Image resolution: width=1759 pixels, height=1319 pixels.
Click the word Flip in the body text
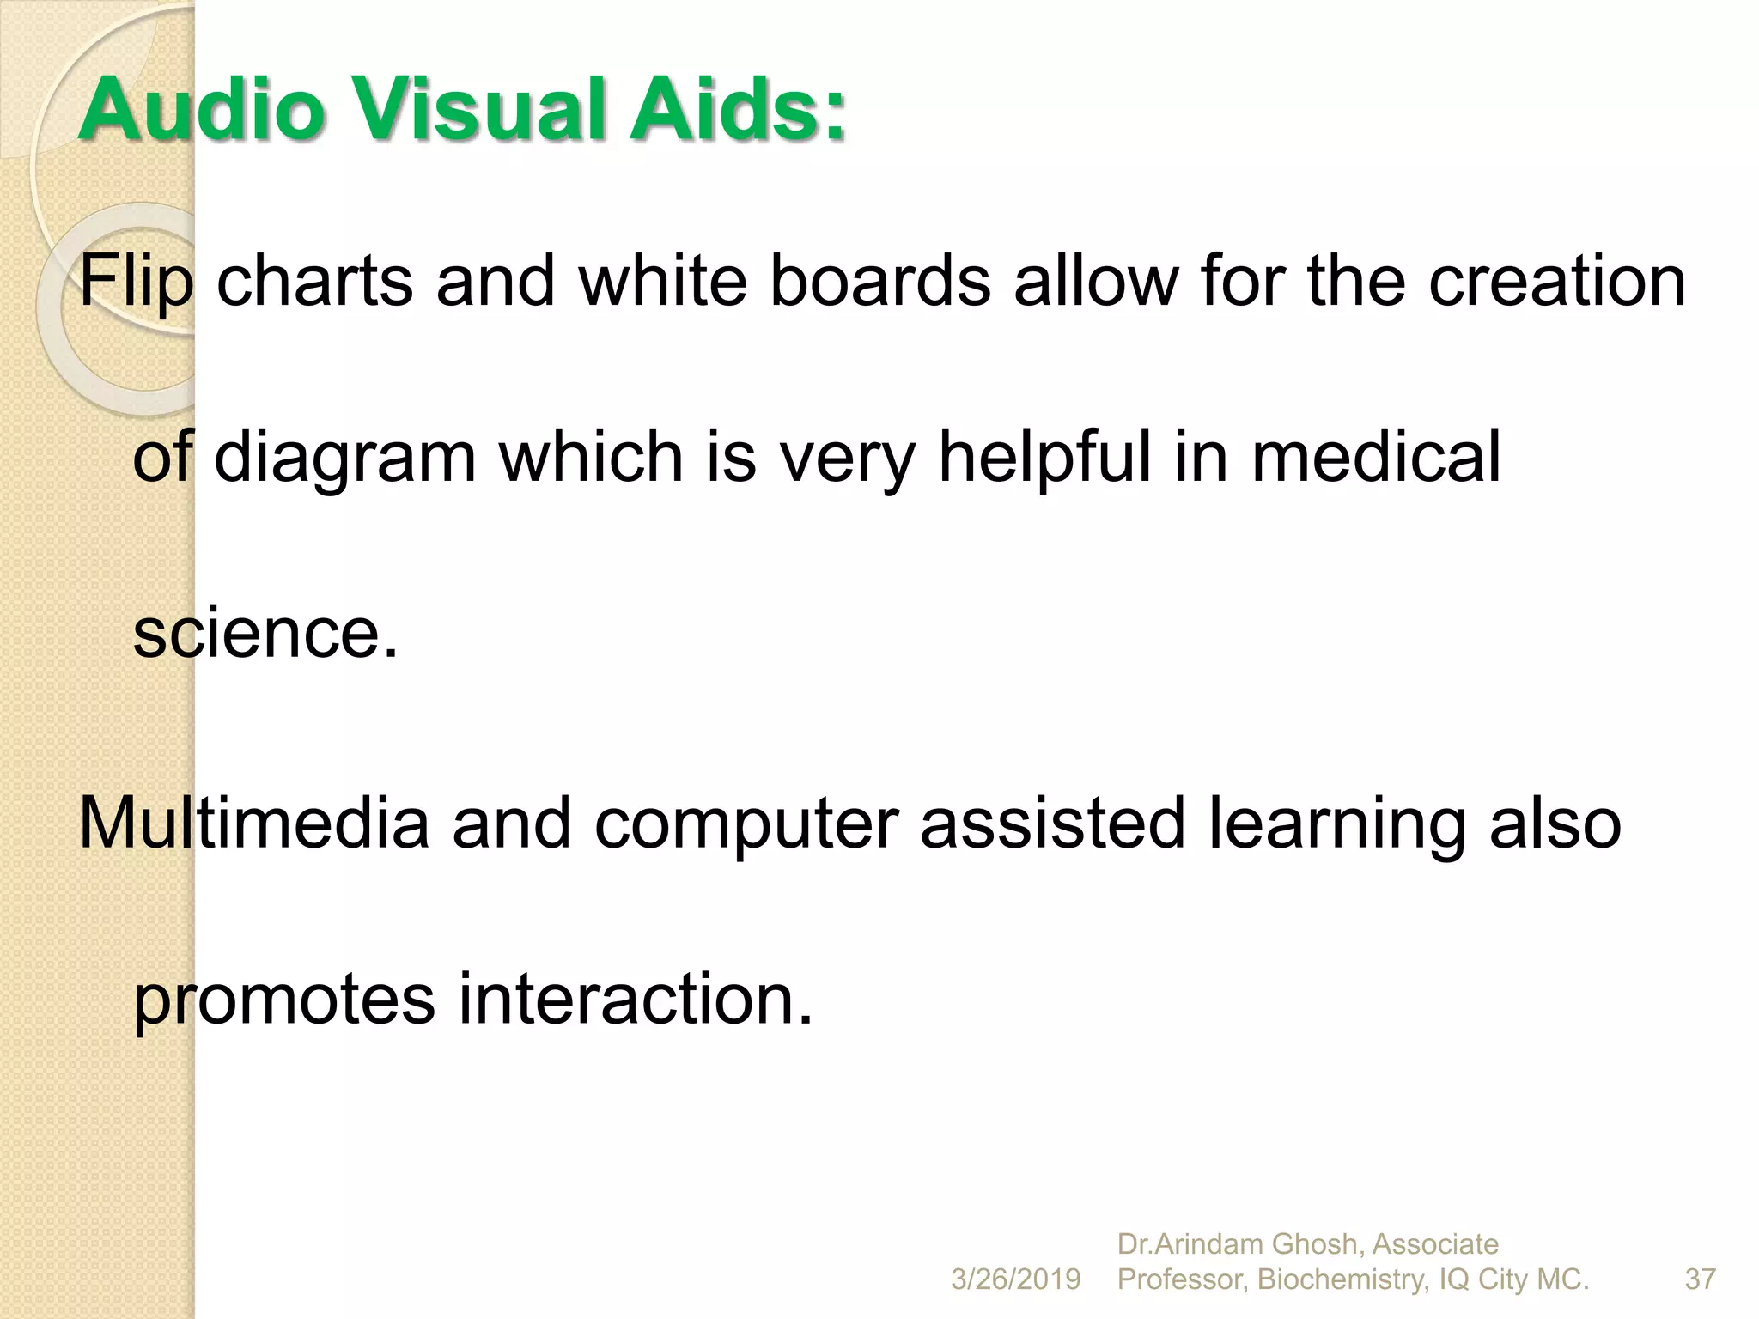pyautogui.click(x=136, y=282)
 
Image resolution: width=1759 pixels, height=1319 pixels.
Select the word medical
pyautogui.click(x=1376, y=457)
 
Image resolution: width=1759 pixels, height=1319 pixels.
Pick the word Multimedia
pyautogui.click(x=253, y=823)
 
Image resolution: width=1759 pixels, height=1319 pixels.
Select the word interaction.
pyautogui.click(x=635, y=1000)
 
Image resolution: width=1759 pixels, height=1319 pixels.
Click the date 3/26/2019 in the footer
pyautogui.click(x=1015, y=1279)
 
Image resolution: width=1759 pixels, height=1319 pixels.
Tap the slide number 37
pyautogui.click(x=1700, y=1279)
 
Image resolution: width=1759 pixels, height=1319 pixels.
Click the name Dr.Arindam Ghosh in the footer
pyautogui.click(x=1237, y=1243)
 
